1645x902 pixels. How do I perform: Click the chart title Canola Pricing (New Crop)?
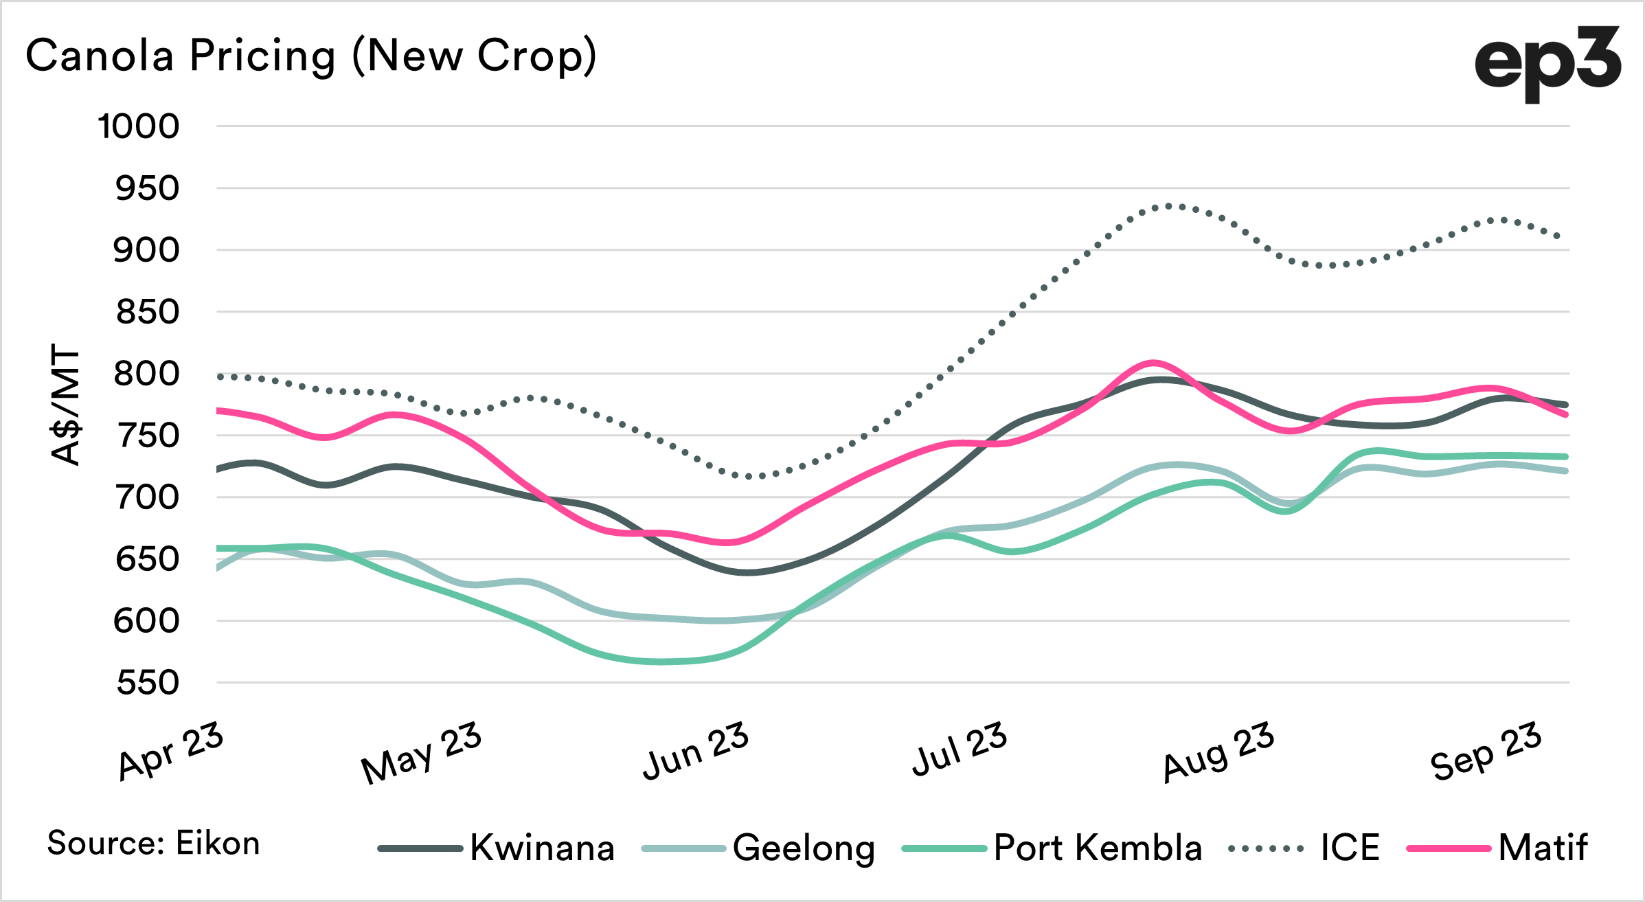tap(310, 56)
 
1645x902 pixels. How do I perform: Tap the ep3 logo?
tap(1547, 64)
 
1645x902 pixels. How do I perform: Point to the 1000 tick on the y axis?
tap(139, 126)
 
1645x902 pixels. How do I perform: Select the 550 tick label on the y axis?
tap(148, 683)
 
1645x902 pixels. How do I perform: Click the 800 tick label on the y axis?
tap(146, 374)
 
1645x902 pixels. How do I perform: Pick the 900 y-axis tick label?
tap(146, 250)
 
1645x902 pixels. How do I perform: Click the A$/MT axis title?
tap(67, 405)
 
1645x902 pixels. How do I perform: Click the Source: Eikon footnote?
tap(153, 843)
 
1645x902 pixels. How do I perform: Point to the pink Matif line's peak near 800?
tap(1153, 362)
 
